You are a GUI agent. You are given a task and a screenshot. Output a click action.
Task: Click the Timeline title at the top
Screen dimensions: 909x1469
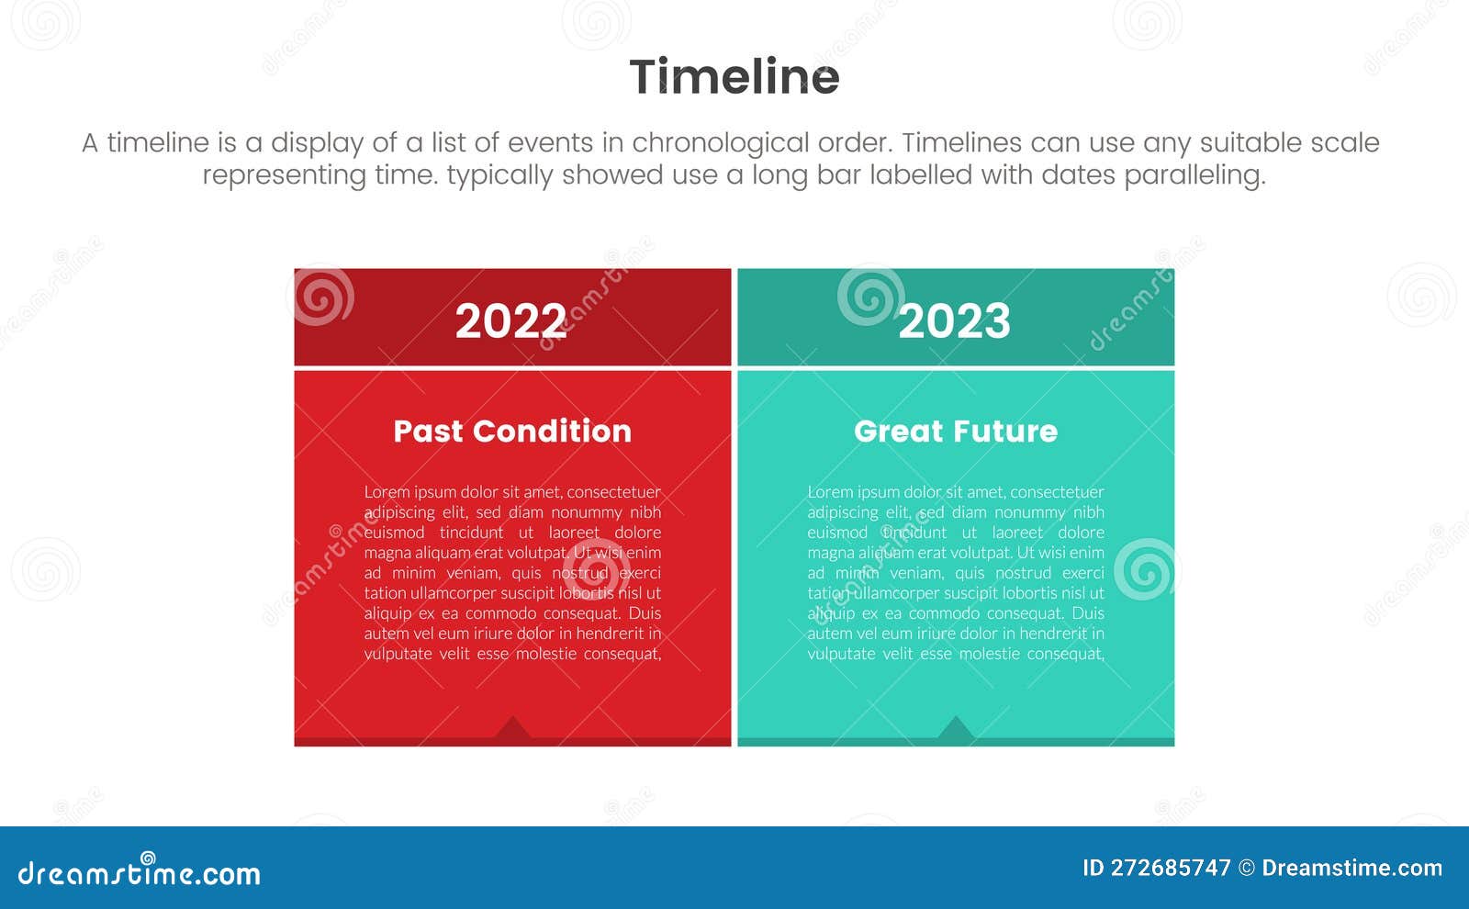734,76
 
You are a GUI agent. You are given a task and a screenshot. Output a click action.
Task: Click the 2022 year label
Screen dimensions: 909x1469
510,320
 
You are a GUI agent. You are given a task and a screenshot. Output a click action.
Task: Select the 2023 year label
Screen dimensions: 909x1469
954,320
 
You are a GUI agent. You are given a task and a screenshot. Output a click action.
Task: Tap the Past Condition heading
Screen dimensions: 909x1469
512,431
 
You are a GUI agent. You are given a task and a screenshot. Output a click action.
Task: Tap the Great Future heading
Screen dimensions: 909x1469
955,431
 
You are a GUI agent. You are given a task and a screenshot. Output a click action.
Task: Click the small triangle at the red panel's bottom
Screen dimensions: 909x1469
512,729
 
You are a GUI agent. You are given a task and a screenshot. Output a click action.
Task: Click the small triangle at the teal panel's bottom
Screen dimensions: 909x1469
955,729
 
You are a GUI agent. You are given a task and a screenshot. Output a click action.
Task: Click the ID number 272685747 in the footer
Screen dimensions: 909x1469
1170,868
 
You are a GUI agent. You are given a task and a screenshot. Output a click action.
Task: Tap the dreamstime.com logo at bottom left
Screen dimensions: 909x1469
139,872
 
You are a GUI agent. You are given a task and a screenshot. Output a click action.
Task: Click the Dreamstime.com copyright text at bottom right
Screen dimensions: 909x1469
1351,868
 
